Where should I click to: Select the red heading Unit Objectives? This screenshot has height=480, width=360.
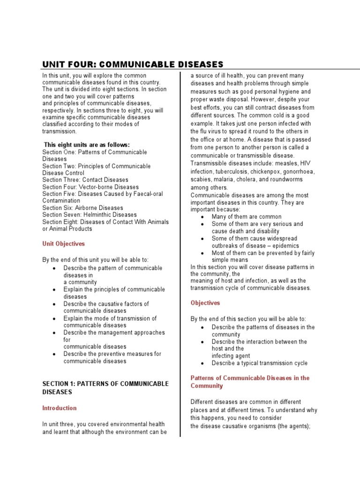(x=64, y=244)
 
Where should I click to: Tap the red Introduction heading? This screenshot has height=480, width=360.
(x=60, y=408)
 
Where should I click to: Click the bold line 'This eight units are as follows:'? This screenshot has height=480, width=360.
(x=87, y=145)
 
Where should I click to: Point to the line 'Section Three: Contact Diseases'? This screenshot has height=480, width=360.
(x=85, y=180)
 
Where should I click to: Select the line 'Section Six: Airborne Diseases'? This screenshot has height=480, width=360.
(x=82, y=208)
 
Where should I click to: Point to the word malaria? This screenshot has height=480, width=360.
(x=226, y=179)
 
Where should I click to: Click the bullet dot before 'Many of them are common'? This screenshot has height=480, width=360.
(x=202, y=217)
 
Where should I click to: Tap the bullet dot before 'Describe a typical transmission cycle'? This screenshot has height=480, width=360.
(x=202, y=363)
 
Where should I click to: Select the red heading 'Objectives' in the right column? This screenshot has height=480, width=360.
(x=205, y=303)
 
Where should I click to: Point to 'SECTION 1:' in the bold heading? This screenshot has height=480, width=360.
(x=58, y=384)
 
